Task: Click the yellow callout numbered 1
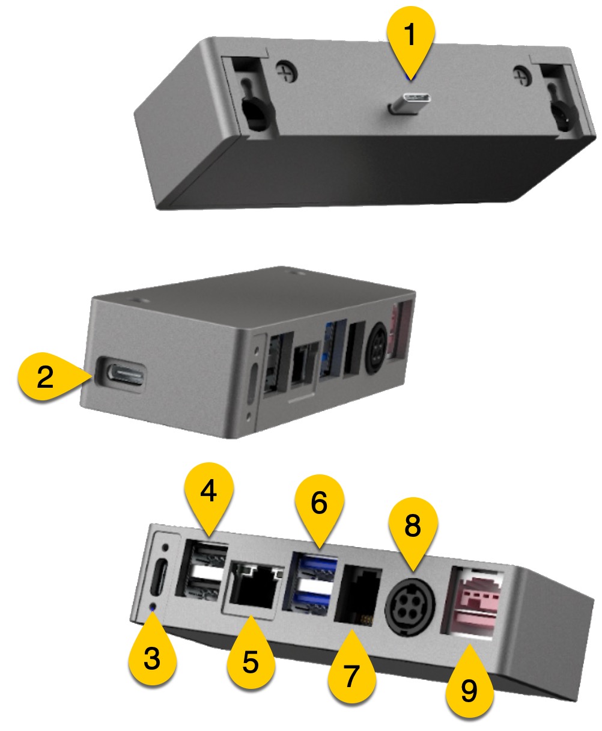[410, 36]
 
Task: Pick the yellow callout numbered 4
[208, 493]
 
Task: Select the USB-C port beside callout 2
[122, 374]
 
